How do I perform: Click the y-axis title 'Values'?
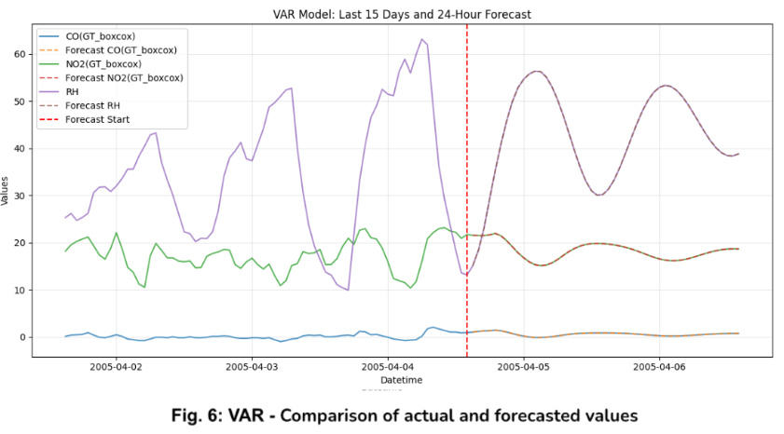[7, 191]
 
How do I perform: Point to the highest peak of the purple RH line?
[421, 39]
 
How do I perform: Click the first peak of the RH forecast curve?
[537, 71]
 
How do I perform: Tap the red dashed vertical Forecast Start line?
[467, 233]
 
